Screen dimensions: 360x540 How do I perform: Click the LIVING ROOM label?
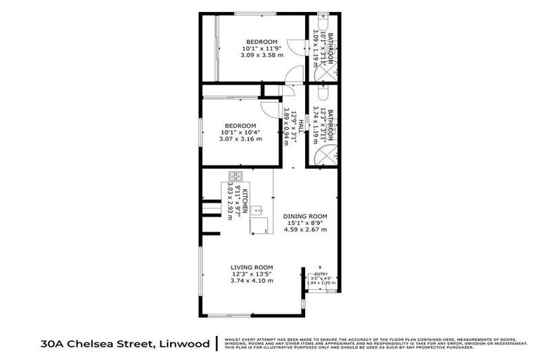pyautogui.click(x=252, y=267)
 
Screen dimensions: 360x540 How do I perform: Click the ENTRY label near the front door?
pyautogui.click(x=321, y=275)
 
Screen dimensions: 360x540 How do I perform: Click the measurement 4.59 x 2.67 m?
pyautogui.click(x=305, y=229)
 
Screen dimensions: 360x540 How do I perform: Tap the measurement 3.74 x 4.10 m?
pyautogui.click(x=252, y=281)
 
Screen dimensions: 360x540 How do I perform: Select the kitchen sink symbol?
pyautogui.click(x=258, y=209)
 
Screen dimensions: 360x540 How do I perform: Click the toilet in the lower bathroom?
pyautogui.click(x=323, y=92)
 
